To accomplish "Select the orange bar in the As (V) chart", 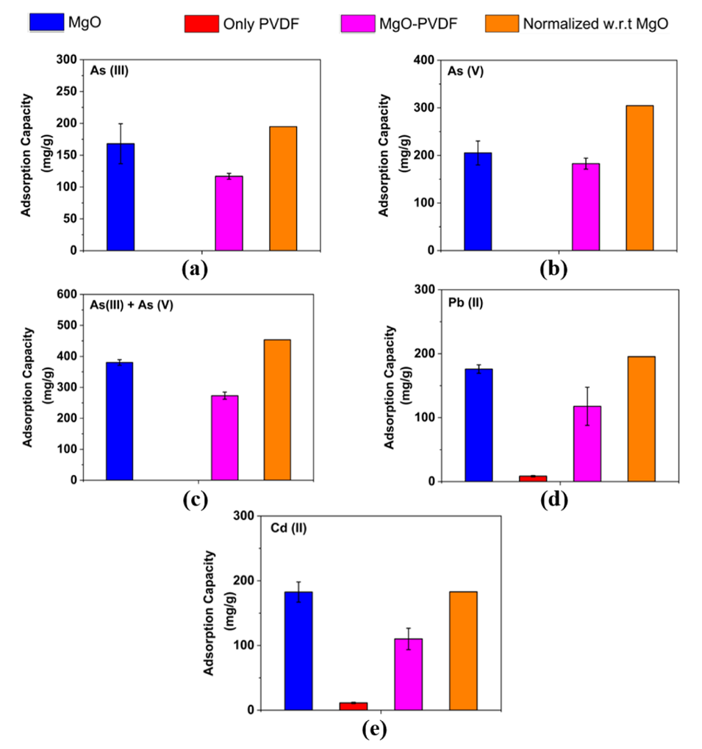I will [640, 178].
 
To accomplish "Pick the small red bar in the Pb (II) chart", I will [532, 479].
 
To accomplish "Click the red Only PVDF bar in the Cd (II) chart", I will [354, 706].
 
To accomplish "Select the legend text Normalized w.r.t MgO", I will [595, 24].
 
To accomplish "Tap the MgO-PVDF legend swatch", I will [357, 23].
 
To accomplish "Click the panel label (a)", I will [193, 268].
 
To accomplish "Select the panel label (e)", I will [372, 730].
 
